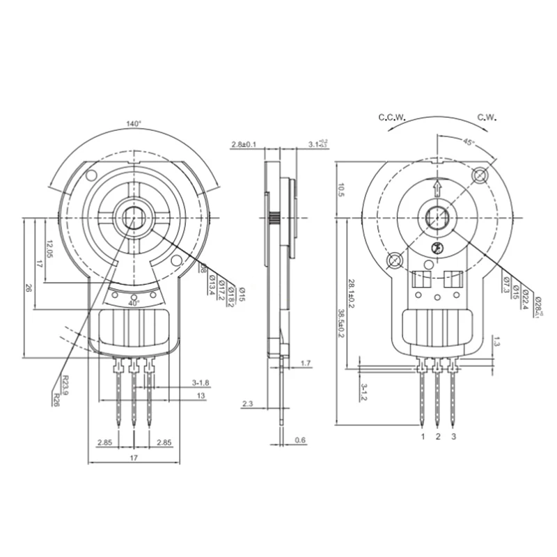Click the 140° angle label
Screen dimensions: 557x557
pyautogui.click(x=134, y=123)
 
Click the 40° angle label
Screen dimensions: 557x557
pyautogui.click(x=134, y=303)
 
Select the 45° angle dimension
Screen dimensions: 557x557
pyautogui.click(x=469, y=142)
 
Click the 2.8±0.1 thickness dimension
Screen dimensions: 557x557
pyautogui.click(x=244, y=144)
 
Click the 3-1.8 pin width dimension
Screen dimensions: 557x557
pyautogui.click(x=201, y=383)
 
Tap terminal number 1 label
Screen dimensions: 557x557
pyautogui.click(x=422, y=437)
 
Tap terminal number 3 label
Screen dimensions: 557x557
pyautogui.click(x=454, y=437)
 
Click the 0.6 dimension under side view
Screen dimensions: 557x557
pyautogui.click(x=300, y=439)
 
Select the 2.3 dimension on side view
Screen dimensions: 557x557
pyautogui.click(x=247, y=403)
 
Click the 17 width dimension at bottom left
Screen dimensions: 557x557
pyautogui.click(x=134, y=457)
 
